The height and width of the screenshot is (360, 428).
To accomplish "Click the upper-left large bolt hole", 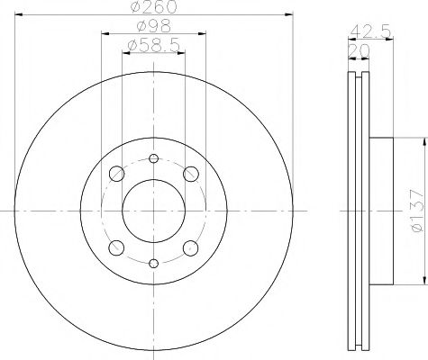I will [115, 174].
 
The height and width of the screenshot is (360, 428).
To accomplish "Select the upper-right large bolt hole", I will [190, 174].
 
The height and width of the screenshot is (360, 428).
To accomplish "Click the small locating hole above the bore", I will [153, 159].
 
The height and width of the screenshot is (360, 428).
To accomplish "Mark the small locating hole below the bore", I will [153, 263].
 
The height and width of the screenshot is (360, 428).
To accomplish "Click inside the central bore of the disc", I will [153, 211].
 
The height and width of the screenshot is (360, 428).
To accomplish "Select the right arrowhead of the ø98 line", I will [203, 33].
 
